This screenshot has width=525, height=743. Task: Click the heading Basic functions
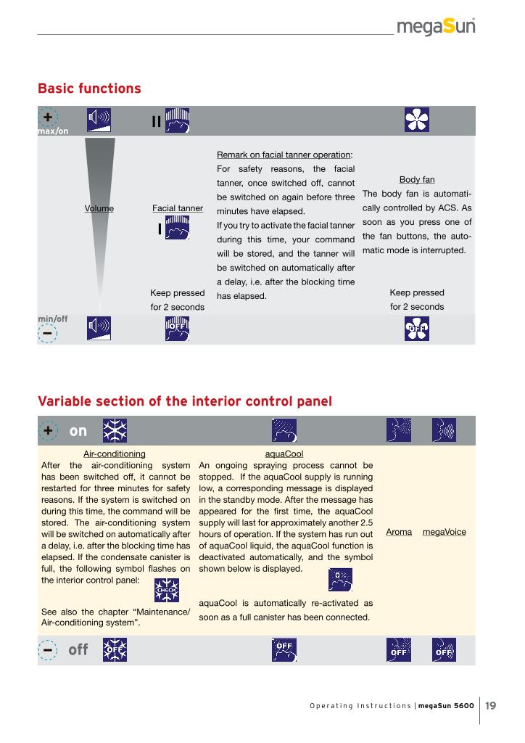[x=89, y=89]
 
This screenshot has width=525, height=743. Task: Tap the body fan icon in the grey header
[x=417, y=120]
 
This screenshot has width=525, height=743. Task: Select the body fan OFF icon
[x=417, y=329]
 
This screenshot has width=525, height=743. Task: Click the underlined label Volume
[x=99, y=209]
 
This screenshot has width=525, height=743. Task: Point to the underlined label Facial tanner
[x=178, y=209]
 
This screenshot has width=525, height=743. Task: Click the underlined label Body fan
[x=417, y=179]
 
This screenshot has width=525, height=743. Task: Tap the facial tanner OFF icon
[x=178, y=329]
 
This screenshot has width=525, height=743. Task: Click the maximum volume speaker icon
[x=99, y=120]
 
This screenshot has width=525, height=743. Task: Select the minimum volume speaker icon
[x=99, y=329]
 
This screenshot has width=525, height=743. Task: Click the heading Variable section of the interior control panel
[x=185, y=401]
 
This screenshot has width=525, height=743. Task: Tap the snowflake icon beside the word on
[x=115, y=431]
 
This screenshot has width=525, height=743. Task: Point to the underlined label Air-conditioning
[x=115, y=453]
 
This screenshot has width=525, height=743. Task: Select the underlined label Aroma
[x=399, y=532]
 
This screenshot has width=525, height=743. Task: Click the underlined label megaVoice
[x=444, y=532]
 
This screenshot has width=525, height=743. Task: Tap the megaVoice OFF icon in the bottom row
[x=444, y=650]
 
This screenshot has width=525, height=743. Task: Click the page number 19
[x=491, y=705]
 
